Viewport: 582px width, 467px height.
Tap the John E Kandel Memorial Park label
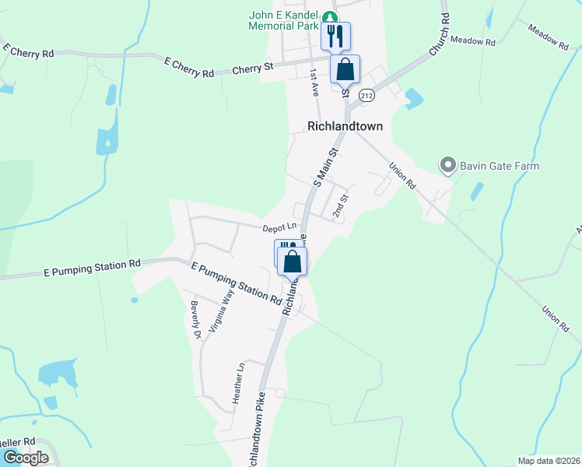[x=284, y=20]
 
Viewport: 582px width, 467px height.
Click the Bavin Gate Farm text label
[x=499, y=166]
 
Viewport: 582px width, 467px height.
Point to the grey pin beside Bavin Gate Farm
[x=447, y=165]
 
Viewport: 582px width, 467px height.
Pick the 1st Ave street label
[x=314, y=82]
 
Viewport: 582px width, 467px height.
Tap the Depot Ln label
[x=279, y=227]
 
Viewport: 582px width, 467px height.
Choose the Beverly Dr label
[x=196, y=320]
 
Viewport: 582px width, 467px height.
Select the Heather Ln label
[x=240, y=382]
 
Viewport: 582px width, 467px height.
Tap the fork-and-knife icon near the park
[x=335, y=35]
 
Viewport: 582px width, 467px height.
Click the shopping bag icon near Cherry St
[x=345, y=68]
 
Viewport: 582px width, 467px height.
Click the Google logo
[x=26, y=457]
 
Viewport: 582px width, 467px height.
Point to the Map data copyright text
[x=548, y=461]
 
